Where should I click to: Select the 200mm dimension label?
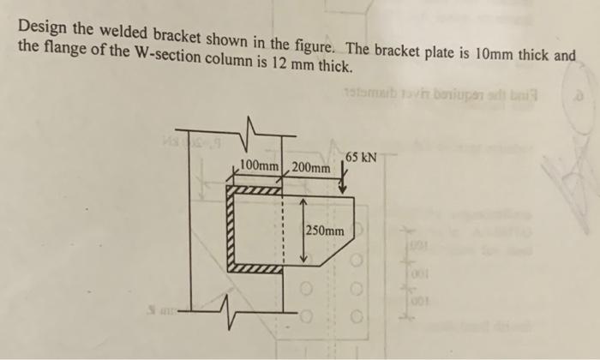point(310,166)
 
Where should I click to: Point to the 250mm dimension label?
point(327,231)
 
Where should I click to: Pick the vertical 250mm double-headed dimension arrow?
point(302,231)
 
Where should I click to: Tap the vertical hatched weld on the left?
point(230,231)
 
